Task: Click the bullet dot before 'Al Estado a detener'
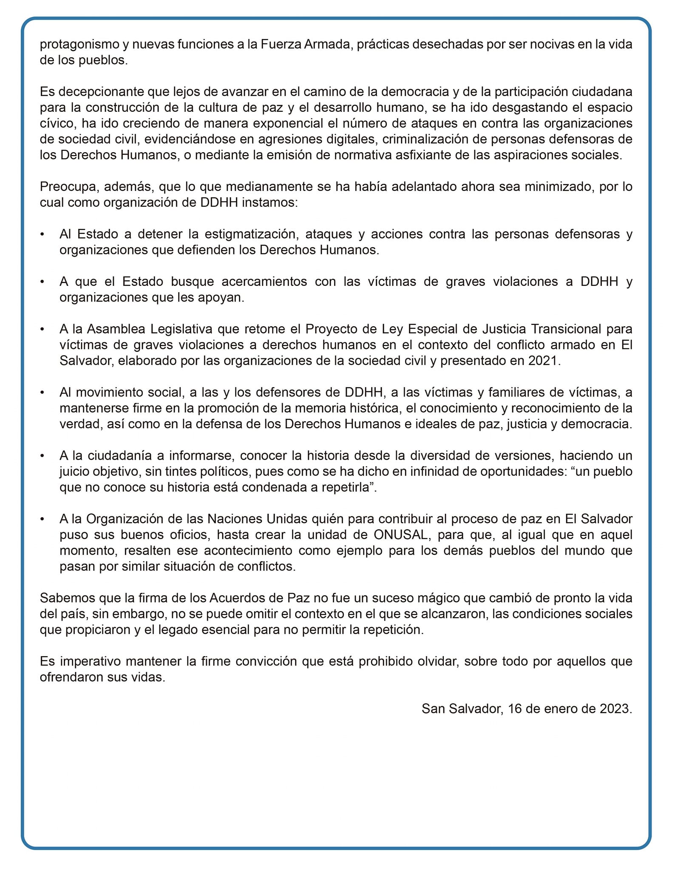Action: click(42, 234)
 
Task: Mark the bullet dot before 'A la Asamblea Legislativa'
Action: click(42, 329)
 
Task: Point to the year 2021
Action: click(544, 361)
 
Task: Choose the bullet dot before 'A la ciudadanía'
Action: click(42, 455)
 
